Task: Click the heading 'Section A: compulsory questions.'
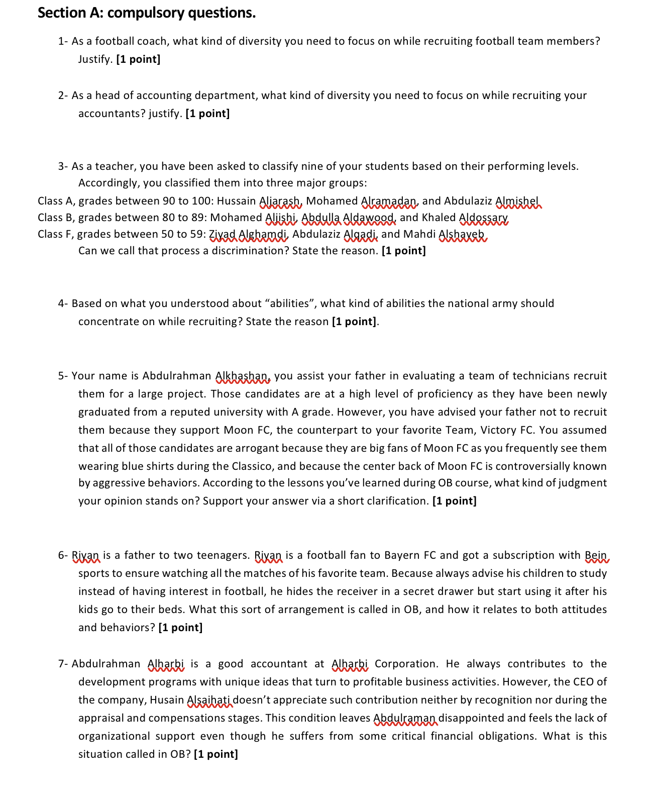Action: tap(147, 13)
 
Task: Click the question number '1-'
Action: tap(63, 41)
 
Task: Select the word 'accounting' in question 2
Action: tap(164, 95)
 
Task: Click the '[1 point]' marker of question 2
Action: tap(207, 114)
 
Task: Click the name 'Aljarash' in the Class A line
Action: tap(280, 201)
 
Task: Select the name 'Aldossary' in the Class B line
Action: tap(484, 218)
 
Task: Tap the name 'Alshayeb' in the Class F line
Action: tap(462, 234)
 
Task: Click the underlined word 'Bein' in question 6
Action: tap(596, 555)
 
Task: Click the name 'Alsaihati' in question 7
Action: tap(209, 700)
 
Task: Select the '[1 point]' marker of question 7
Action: tap(216, 754)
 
